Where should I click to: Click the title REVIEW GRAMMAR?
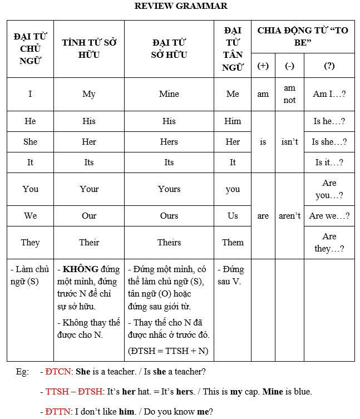tap(181, 6)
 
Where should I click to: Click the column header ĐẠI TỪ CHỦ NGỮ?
tap(30, 49)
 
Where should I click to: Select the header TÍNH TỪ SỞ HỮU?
tap(89, 49)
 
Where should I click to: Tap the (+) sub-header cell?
tap(263, 66)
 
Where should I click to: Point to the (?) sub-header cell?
tap(329, 66)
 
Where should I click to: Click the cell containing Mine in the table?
tap(169, 94)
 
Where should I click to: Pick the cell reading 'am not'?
tap(289, 94)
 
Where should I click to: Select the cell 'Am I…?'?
tap(329, 94)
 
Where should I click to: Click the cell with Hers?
tap(169, 142)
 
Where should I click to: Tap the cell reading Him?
tap(233, 121)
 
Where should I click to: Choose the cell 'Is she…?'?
tap(329, 142)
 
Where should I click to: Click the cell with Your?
tap(89, 189)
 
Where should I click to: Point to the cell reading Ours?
tap(169, 216)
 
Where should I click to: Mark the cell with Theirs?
tap(169, 243)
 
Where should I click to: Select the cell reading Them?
tap(233, 243)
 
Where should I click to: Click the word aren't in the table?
tap(289, 216)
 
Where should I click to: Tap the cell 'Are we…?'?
tap(329, 216)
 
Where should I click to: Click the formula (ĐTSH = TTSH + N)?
tap(167, 351)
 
